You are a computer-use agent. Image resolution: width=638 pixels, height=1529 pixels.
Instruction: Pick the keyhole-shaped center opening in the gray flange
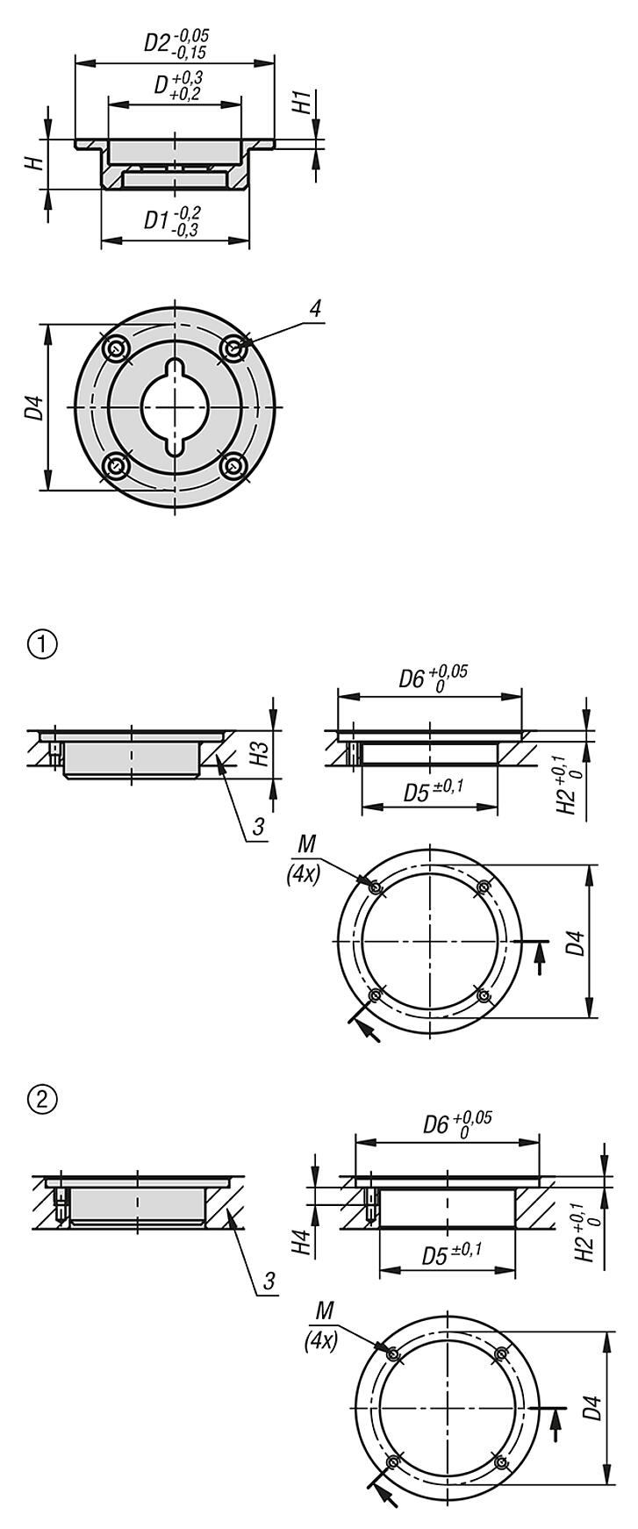176,407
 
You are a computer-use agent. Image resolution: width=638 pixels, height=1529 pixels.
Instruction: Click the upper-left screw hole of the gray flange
115,348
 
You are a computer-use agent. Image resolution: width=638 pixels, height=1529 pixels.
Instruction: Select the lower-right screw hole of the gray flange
233,465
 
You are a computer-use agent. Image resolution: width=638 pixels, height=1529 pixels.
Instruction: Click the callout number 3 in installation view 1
258,826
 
